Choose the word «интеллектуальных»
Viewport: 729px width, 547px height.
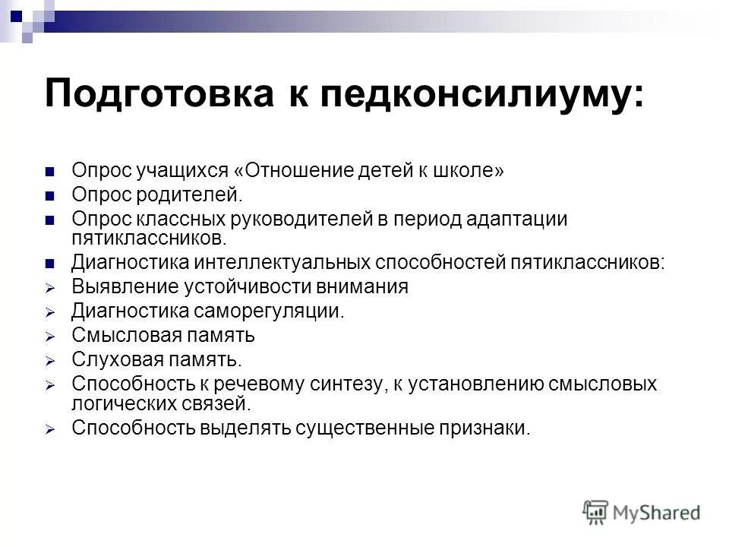[286, 263]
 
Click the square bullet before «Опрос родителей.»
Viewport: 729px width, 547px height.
[51, 196]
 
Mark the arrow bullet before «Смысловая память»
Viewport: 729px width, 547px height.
[51, 336]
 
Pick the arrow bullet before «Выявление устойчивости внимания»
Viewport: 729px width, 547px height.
[51, 288]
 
